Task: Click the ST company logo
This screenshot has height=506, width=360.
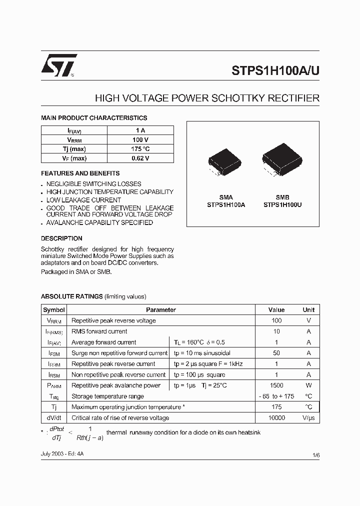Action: [59, 65]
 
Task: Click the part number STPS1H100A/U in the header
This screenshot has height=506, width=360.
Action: [275, 70]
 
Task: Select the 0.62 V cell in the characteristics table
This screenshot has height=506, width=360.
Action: [140, 158]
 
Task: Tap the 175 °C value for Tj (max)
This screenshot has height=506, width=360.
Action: [140, 149]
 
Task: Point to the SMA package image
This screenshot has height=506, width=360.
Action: [224, 162]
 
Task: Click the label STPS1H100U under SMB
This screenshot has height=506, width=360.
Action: [282, 204]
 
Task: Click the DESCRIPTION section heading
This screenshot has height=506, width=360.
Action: [61, 238]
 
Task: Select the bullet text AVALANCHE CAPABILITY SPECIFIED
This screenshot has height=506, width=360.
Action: [99, 222]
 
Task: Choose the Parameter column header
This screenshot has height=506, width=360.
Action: [160, 310]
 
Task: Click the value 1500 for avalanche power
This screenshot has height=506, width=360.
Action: [276, 385]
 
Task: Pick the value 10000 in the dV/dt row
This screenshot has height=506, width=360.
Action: [276, 418]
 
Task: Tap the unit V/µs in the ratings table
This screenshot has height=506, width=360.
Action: [308, 418]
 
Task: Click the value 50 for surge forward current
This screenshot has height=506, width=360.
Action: [276, 353]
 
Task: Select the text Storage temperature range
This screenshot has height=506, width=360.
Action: [107, 396]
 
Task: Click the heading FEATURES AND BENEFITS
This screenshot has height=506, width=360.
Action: [80, 173]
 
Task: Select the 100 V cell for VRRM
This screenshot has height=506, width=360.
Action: [140, 140]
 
